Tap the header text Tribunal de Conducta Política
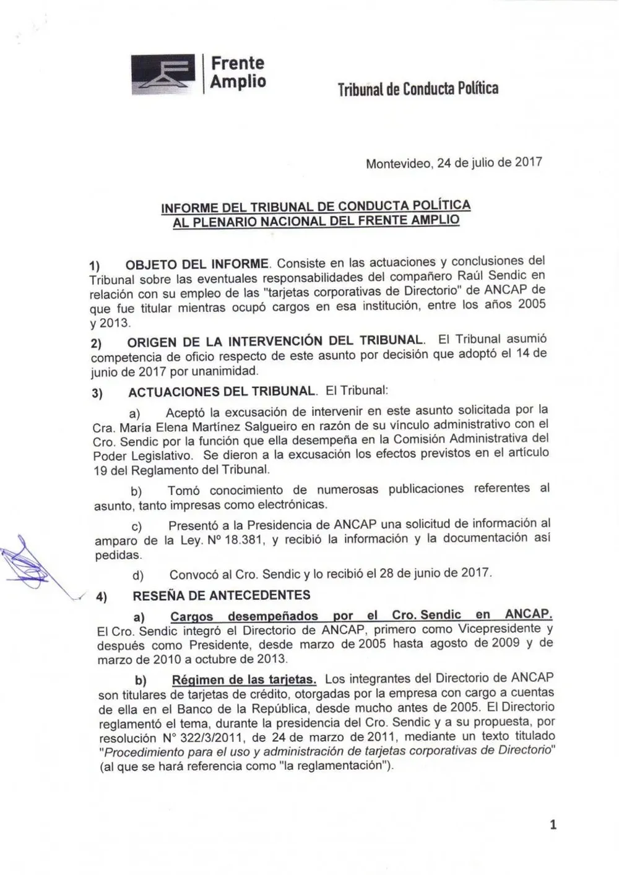(418, 89)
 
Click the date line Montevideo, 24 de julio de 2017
(454, 163)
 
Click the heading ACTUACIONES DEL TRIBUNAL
(222, 392)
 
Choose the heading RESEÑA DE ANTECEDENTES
(221, 595)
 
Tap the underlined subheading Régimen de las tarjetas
(244, 679)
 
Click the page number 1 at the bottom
(553, 824)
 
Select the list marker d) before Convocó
(138, 575)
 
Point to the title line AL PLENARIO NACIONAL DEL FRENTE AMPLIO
(316, 220)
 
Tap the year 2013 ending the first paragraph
(117, 322)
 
